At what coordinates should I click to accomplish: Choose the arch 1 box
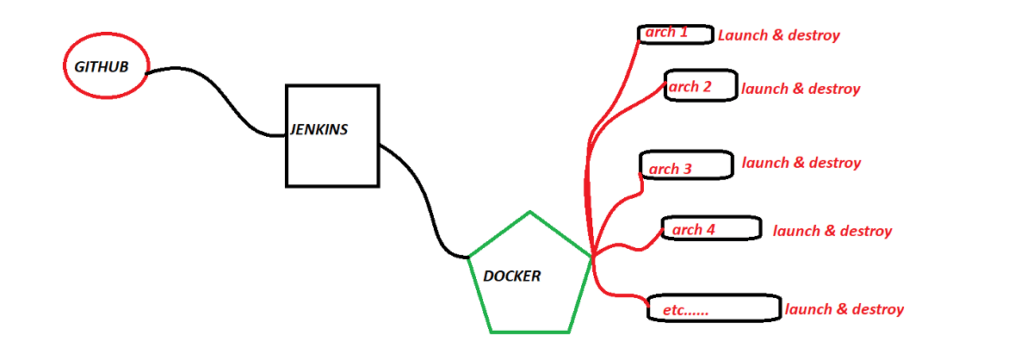pyautogui.click(x=676, y=34)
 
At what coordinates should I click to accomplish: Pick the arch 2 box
pyautogui.click(x=701, y=86)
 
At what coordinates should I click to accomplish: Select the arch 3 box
pyautogui.click(x=686, y=165)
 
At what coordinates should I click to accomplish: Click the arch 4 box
pyautogui.click(x=711, y=228)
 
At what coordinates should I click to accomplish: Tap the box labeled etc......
pyautogui.click(x=713, y=308)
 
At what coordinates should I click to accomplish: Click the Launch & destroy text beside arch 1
pyautogui.click(x=778, y=35)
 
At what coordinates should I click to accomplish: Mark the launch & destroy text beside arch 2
pyautogui.click(x=801, y=89)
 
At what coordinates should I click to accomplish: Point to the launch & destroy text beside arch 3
pyautogui.click(x=801, y=163)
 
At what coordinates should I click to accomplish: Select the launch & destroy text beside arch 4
pyautogui.click(x=832, y=231)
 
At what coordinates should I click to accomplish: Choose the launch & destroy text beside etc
pyautogui.click(x=844, y=309)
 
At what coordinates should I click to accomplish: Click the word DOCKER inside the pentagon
pyautogui.click(x=512, y=276)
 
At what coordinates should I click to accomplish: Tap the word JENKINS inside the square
pyautogui.click(x=319, y=129)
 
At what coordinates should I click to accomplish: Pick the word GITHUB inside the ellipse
pyautogui.click(x=102, y=66)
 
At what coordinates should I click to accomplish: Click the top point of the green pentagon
pyautogui.click(x=529, y=212)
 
